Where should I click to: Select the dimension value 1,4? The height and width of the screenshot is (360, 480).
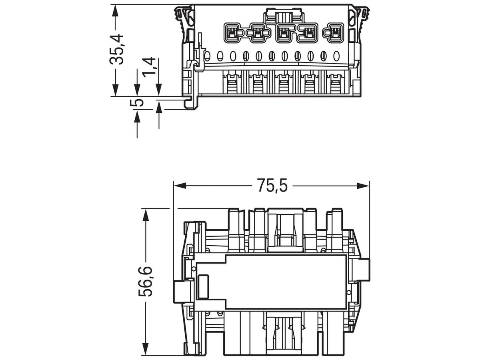coord(149,68)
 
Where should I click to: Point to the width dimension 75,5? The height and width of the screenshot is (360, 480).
coord(272,186)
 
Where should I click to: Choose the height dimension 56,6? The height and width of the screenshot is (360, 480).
coord(146,282)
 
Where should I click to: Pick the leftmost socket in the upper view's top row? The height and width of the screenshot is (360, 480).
coord(232,33)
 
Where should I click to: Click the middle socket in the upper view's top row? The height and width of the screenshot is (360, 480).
coord(284,33)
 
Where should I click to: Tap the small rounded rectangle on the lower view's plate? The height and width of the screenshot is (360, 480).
coord(203,286)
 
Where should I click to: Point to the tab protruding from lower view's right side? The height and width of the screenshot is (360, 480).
coord(362,269)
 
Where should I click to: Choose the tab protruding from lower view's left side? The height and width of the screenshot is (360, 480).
coord(181,288)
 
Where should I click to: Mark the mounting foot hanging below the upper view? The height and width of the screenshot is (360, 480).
coord(191,103)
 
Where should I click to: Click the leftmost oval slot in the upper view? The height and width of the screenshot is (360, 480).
coord(207,56)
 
